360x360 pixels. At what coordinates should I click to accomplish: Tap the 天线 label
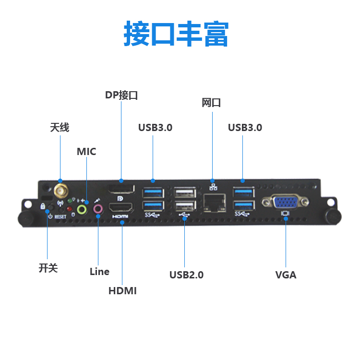click(60, 128)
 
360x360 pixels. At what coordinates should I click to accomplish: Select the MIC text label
click(86, 152)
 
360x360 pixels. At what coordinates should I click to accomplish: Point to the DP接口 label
click(121, 95)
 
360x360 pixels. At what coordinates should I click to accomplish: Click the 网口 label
click(211, 103)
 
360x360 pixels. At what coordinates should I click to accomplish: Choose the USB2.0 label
click(186, 275)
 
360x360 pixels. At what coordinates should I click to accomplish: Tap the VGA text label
click(286, 275)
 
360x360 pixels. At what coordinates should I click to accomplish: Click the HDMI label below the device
click(122, 290)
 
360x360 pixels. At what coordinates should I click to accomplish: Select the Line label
click(99, 272)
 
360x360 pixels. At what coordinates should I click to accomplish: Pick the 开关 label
click(48, 268)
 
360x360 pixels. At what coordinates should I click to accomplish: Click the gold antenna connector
click(60, 191)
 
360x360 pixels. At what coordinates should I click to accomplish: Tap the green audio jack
click(83, 209)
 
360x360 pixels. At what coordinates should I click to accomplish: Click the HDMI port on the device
click(121, 208)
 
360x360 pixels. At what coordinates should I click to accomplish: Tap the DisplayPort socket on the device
click(120, 189)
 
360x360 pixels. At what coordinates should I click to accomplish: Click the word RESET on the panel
click(60, 217)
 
